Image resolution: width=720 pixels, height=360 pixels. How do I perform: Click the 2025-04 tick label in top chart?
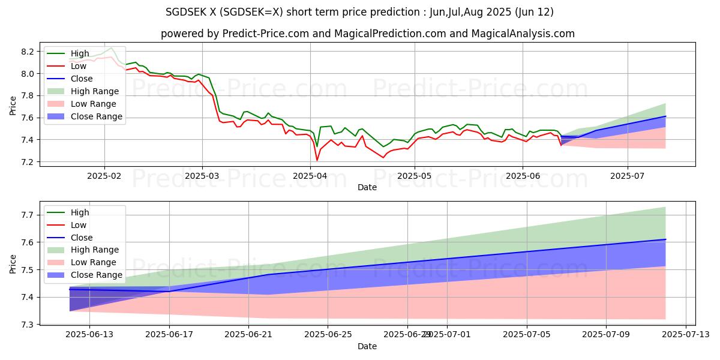[x=310, y=176]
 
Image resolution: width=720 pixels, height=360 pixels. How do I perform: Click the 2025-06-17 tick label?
[x=169, y=335]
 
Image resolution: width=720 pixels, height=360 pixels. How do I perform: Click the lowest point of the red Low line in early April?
[x=317, y=160]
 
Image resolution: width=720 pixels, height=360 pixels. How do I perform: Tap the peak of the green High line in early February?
[x=112, y=48]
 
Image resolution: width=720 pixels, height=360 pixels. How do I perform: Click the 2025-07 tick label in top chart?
[x=628, y=176]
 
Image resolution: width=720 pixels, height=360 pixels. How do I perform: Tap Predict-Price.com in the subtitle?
[x=238, y=34]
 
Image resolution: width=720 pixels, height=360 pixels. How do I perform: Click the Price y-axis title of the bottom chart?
[x=13, y=263]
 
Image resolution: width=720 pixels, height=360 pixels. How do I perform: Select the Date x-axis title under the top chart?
[x=367, y=187]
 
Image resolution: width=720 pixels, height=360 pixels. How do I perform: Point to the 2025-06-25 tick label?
[x=328, y=335]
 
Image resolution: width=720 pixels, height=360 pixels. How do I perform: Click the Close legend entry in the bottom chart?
[x=81, y=238]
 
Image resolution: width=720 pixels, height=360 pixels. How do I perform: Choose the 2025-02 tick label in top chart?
[x=104, y=176]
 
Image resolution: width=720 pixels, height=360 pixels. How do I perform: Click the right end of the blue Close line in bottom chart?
[x=665, y=239]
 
